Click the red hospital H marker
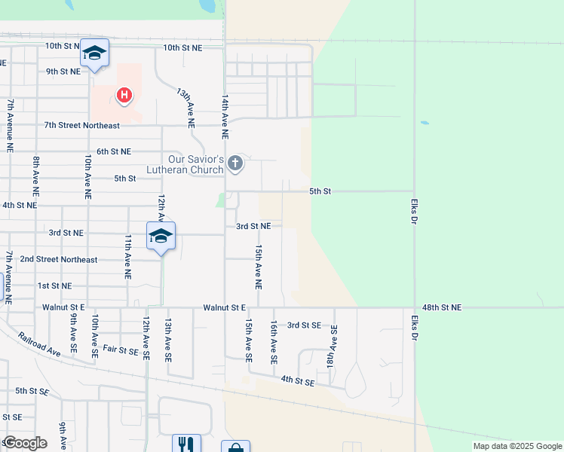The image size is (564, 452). click(124, 95)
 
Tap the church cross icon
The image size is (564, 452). click(235, 163)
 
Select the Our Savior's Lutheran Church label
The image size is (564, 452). click(196, 164)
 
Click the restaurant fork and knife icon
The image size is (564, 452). click(186, 444)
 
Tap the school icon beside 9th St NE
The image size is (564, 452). click(94, 53)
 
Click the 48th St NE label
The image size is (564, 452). click(442, 307)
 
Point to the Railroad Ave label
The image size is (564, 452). click(39, 346)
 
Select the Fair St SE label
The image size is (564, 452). click(121, 350)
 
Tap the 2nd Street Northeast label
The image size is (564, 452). click(58, 260)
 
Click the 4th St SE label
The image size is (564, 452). click(297, 382)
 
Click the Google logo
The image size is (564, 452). click(25, 442)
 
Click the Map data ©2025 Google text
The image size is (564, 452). click(516, 446)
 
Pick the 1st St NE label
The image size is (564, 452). click(54, 286)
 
